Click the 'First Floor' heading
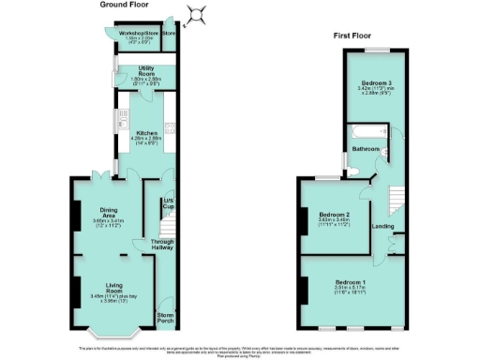pyautogui.click(x=353, y=36)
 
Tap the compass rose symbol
pyautogui.click(x=197, y=13)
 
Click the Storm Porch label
pyautogui.click(x=166, y=317)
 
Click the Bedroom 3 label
pyautogui.click(x=378, y=84)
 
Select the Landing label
pyautogui.click(x=382, y=226)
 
